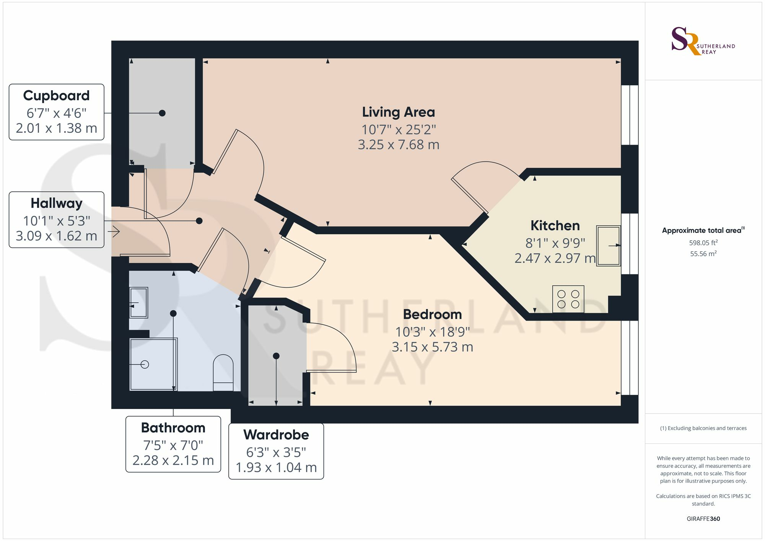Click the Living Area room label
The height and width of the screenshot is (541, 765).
(x=398, y=112)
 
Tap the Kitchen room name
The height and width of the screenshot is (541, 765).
(x=555, y=226)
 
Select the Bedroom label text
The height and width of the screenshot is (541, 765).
(x=432, y=314)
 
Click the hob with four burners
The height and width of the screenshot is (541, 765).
(x=568, y=299)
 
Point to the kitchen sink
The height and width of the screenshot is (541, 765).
(x=608, y=246)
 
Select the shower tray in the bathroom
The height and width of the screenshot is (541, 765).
(x=153, y=364)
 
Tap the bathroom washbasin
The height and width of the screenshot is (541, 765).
(x=138, y=303)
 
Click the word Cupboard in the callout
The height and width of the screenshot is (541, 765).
(x=56, y=96)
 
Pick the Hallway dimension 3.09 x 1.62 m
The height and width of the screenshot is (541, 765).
(x=56, y=236)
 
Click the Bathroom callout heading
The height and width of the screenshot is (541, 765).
(x=173, y=428)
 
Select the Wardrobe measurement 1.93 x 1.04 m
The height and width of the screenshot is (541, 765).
(x=276, y=468)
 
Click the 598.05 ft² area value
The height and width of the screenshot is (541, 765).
(x=703, y=243)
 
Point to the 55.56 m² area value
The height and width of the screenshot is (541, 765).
(x=703, y=254)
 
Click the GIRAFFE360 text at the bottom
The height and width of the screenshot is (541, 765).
(x=703, y=519)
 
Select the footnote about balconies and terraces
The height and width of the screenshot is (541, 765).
(x=703, y=428)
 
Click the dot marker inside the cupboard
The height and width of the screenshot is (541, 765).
(x=162, y=113)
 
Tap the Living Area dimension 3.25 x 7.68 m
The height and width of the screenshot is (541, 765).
(x=398, y=145)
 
